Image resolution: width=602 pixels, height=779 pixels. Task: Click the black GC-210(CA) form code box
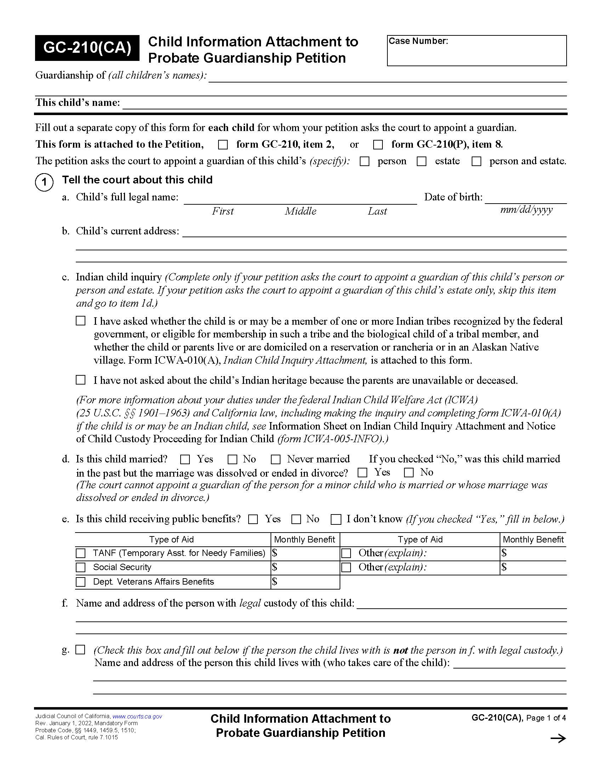click(x=87, y=48)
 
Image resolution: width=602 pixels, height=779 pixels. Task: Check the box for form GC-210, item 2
click(x=223, y=144)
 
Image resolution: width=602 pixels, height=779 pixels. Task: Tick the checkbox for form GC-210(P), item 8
click(x=378, y=144)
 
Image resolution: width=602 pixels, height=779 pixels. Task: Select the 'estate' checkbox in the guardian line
click(x=421, y=161)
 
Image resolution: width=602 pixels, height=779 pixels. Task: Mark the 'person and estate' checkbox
click(x=476, y=161)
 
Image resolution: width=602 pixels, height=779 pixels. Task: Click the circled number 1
click(x=44, y=182)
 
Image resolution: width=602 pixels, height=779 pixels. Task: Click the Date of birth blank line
click(x=526, y=198)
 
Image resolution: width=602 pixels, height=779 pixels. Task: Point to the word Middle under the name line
click(x=300, y=211)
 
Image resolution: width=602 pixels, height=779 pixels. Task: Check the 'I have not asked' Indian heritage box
click(x=81, y=380)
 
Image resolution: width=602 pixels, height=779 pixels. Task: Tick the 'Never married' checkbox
click(x=276, y=459)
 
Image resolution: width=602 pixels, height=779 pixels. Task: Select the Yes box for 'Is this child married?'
click(x=185, y=459)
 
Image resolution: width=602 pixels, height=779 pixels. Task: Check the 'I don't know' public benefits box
click(x=336, y=519)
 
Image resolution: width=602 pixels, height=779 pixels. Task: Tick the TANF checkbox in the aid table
click(x=81, y=553)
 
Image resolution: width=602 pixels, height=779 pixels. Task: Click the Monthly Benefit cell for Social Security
click(x=305, y=568)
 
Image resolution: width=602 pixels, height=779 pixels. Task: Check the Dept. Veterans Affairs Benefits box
click(x=81, y=582)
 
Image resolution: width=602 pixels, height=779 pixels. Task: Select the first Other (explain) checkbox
click(x=346, y=553)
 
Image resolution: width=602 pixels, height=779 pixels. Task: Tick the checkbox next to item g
click(x=81, y=649)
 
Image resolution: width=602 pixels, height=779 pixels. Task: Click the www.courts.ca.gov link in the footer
click(x=137, y=716)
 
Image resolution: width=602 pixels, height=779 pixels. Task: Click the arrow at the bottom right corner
click(x=558, y=738)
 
